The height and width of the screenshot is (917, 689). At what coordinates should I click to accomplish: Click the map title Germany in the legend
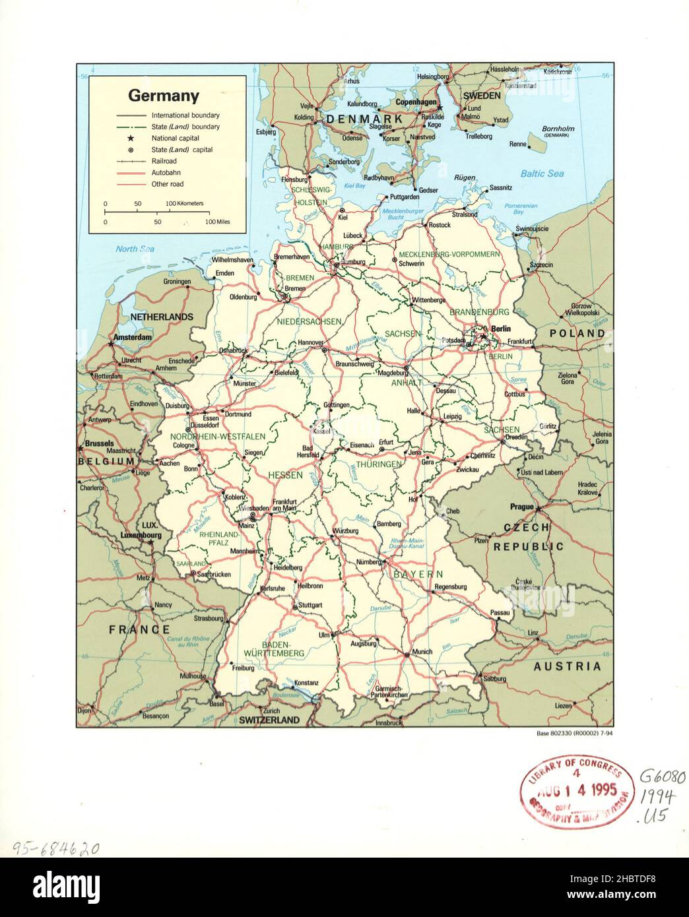[x=163, y=96]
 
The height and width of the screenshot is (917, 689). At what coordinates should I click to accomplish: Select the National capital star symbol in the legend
[x=131, y=139]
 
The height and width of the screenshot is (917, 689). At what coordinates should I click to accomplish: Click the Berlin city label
[x=501, y=329]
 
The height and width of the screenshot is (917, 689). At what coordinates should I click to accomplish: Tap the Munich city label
[x=421, y=652]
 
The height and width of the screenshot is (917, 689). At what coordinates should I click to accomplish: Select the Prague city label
[x=521, y=507]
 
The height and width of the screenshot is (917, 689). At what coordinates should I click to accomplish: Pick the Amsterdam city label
[x=132, y=337]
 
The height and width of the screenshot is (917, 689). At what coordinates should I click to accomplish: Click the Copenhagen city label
[x=416, y=102]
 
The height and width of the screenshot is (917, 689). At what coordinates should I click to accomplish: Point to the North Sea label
[x=135, y=249]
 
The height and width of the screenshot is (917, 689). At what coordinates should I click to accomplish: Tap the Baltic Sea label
[x=542, y=174]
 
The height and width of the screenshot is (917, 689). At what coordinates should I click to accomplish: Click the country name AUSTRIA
[x=567, y=666]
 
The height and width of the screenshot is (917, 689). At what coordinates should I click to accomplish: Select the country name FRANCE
[x=139, y=629]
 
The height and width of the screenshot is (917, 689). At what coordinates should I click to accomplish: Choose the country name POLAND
[x=577, y=334]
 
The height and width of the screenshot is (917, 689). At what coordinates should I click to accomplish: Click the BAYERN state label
[x=418, y=574]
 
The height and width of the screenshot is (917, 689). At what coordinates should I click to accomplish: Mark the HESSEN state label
[x=285, y=474]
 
